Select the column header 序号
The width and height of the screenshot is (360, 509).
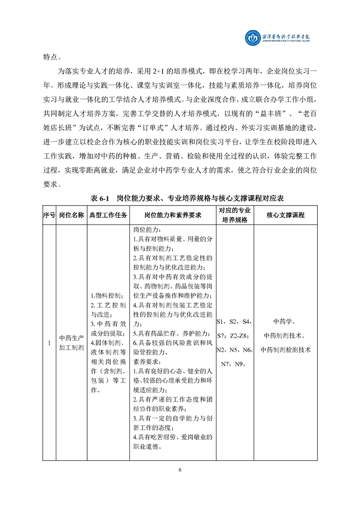[x=49, y=215]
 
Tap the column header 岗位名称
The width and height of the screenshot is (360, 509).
[x=71, y=215]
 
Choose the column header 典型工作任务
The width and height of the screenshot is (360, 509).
[x=108, y=215]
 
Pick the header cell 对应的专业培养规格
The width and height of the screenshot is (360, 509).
[x=235, y=215]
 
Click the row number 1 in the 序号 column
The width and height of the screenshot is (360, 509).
[x=49, y=343]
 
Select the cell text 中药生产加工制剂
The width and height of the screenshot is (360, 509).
[x=71, y=343]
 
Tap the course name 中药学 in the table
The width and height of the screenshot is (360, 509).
[x=285, y=322]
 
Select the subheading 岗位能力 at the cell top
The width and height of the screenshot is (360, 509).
[x=145, y=230]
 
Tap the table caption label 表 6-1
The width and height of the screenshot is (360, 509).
[x=101, y=198]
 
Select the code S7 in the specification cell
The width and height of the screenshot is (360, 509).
[x=222, y=336]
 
